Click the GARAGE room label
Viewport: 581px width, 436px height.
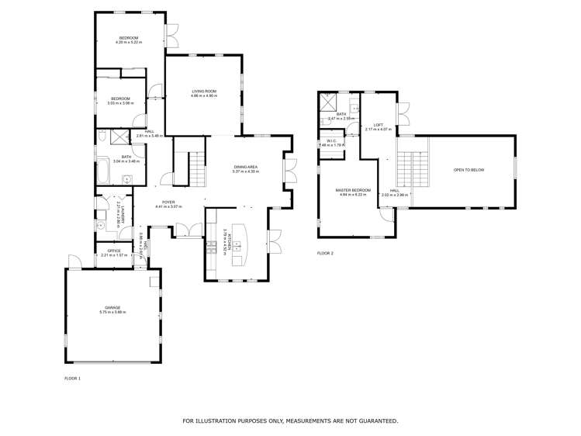coord(112,307)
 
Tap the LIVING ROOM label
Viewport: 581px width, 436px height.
coord(204,92)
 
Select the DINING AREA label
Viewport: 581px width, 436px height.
coord(246,167)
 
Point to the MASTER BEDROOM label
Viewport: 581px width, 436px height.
coord(353,190)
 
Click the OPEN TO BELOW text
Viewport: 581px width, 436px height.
coord(469,169)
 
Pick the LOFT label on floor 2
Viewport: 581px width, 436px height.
coord(379,125)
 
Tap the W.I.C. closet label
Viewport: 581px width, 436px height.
coord(331,140)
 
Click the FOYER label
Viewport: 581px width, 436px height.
coord(168,202)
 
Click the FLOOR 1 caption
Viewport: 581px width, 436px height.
coord(72,378)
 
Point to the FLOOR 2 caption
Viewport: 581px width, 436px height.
coord(325,254)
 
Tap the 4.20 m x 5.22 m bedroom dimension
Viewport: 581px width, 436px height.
coord(128,43)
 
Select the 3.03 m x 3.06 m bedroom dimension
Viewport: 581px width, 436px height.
coord(119,102)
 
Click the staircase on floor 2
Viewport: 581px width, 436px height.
coord(413,168)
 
